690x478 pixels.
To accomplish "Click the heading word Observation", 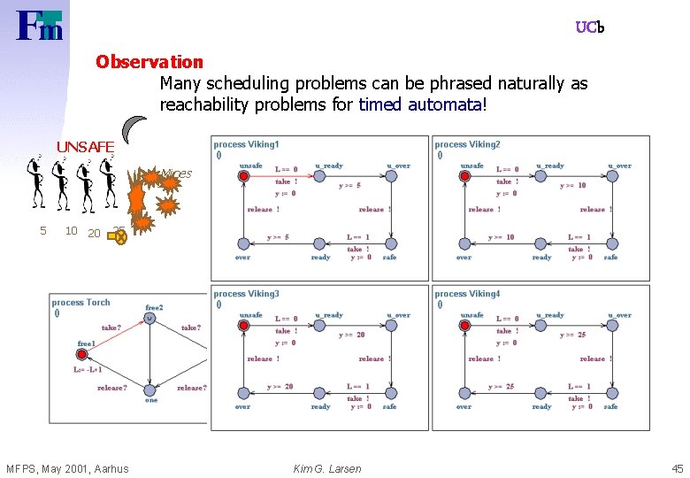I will coord(149,62).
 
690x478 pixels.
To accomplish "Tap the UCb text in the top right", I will coord(589,27).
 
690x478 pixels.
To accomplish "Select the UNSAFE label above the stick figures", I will coord(85,146).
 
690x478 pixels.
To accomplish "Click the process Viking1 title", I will coord(246,144).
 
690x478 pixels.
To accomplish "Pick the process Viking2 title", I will coord(467,144).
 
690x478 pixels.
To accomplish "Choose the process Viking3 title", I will coord(246,294).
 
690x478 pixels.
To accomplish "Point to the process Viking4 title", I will coord(467,294).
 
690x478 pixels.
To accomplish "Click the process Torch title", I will coord(80,303).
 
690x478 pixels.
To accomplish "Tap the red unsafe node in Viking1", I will coord(244,176).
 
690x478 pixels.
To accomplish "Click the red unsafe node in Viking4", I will coord(465,326).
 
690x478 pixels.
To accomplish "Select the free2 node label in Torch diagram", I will coord(154,308).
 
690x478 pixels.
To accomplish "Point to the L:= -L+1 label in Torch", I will coord(88,370).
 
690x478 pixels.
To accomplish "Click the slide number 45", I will coord(677,468).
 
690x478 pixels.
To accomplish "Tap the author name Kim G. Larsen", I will coord(327,468).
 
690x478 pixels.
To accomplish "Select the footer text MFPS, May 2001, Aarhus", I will coord(67,468).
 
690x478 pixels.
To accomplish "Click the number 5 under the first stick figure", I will coord(42,231).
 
